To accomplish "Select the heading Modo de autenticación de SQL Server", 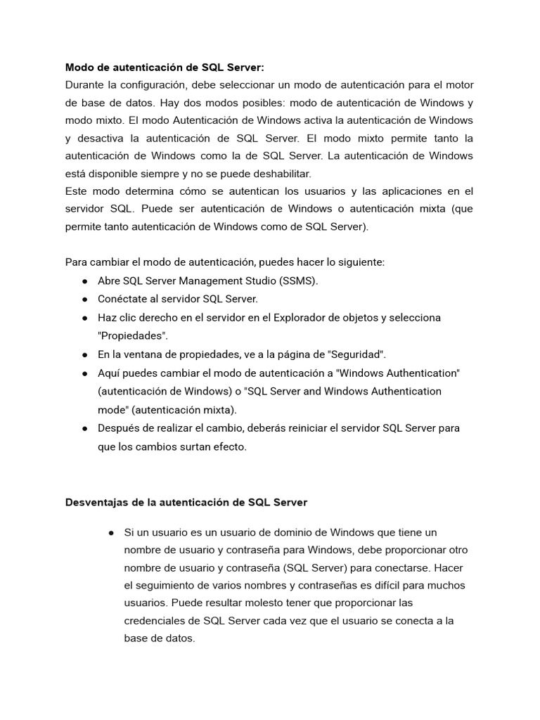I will [x=165, y=67].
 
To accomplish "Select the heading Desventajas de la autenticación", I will [x=186, y=503].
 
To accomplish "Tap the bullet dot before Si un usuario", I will [x=111, y=532].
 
